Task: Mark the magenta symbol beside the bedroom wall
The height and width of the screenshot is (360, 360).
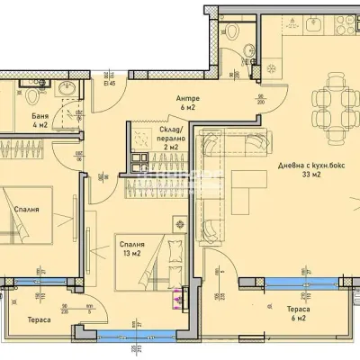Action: tap(185, 295)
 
